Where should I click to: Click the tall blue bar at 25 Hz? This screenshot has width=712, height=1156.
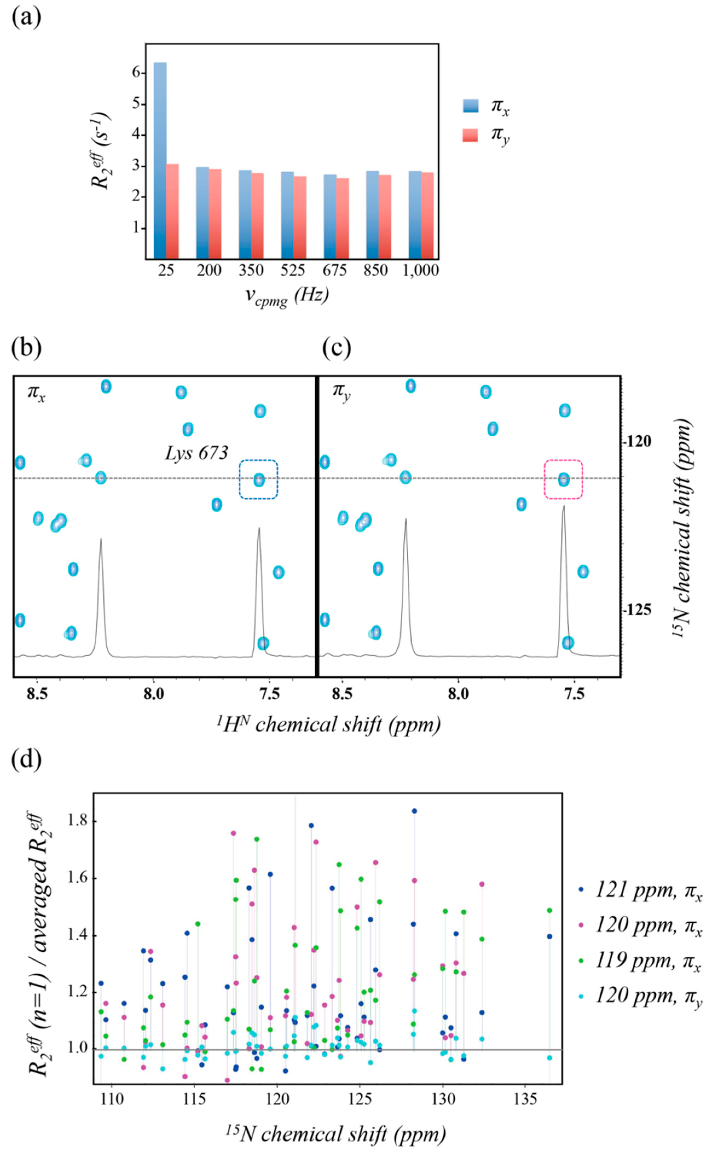[x=160, y=160]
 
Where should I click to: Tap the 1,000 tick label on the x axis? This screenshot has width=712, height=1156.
[x=421, y=270]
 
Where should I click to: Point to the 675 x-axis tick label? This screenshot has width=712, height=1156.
[x=335, y=270]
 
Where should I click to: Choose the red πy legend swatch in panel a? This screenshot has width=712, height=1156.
[x=470, y=135]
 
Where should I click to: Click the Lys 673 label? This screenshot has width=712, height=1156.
[x=196, y=453]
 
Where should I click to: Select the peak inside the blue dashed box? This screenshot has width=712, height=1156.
[x=259, y=480]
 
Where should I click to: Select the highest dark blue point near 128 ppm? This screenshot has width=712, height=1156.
[x=414, y=811]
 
